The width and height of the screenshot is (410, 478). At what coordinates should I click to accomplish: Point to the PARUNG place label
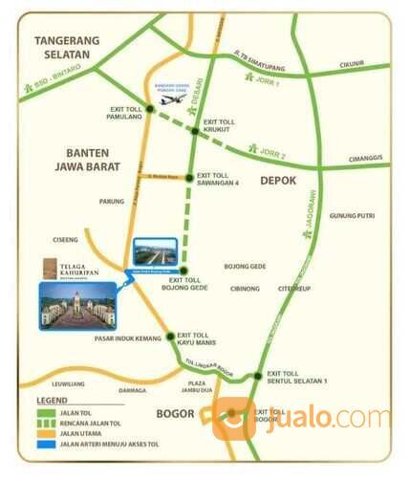(112, 202)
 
